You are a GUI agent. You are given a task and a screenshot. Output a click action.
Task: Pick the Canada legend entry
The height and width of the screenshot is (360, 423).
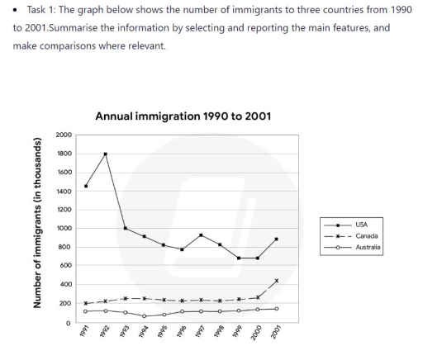tap(363, 234)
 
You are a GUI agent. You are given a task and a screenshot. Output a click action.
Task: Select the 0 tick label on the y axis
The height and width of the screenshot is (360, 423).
tap(69, 323)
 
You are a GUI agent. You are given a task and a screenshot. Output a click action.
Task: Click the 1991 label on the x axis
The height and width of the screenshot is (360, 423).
tap(85, 340)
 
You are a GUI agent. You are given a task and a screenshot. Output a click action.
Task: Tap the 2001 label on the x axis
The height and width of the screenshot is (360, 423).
tap(276, 340)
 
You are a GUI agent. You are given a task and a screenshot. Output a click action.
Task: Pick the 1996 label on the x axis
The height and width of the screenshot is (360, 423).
tap(181, 340)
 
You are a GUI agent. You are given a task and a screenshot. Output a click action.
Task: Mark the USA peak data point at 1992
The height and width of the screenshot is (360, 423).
tap(105, 154)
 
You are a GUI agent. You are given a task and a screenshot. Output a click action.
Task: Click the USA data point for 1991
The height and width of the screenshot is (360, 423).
tap(86, 186)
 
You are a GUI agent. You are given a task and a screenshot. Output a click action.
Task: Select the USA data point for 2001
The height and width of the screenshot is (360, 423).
tap(277, 239)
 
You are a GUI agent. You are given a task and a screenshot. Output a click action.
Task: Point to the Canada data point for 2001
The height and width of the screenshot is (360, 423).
tap(277, 281)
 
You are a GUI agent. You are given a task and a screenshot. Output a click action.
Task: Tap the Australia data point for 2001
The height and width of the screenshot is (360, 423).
tap(277, 309)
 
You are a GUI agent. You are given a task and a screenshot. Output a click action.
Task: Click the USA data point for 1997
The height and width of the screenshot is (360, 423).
tap(201, 235)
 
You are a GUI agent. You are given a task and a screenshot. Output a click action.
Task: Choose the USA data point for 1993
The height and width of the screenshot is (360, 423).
tap(124, 228)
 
